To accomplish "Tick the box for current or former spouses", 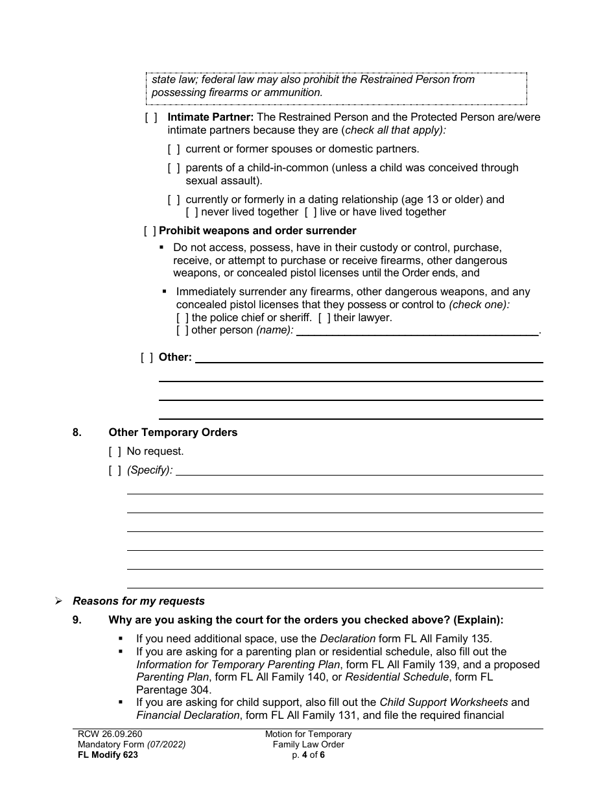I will [x=174, y=149].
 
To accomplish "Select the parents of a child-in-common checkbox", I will [x=174, y=167].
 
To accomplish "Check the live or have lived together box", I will [x=292, y=212].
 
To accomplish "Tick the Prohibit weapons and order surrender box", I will [x=150, y=230].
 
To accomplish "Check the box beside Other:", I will [x=147, y=357].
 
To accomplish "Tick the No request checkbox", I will [x=115, y=451].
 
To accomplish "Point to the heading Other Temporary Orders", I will [x=172, y=432].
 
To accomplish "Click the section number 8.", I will [x=77, y=432].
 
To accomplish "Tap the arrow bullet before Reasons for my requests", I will [x=58, y=601].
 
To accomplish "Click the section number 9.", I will [x=77, y=620].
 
